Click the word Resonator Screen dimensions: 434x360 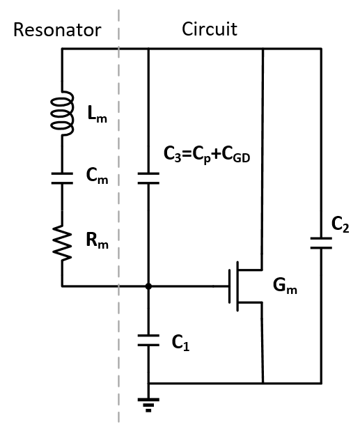click(58, 30)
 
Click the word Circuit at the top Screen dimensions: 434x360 click(210, 29)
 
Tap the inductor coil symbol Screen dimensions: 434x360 click(63, 111)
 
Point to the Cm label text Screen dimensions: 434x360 click(97, 178)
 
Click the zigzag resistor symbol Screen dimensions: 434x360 click(62, 244)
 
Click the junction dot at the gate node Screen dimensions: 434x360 click(148, 286)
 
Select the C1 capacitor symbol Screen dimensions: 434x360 click(148, 339)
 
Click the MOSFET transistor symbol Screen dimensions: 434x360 click(244, 286)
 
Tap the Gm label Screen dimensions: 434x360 click(285, 286)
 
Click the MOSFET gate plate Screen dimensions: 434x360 click(230, 286)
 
